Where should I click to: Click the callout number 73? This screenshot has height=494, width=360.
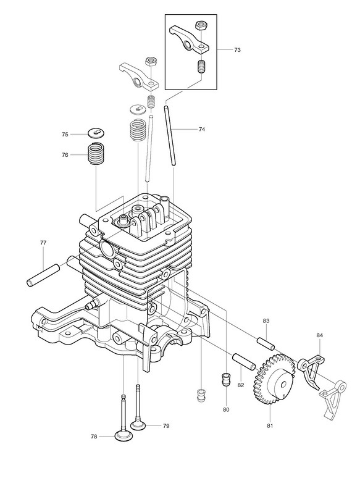238,50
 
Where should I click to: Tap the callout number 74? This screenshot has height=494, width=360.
202,129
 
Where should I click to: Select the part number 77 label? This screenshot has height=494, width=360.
43,243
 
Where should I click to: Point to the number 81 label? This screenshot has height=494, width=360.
270,425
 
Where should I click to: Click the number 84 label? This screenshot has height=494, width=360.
320,335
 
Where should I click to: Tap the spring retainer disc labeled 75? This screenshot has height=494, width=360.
96,133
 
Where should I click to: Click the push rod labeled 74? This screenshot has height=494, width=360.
169,135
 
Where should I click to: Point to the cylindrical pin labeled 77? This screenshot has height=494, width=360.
43,275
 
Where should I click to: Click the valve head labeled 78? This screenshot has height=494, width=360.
123,437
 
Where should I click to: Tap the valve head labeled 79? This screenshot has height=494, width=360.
138,425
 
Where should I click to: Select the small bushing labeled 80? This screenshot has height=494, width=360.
226,379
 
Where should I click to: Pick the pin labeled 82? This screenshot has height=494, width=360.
243,362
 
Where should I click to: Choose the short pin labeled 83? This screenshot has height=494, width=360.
267,343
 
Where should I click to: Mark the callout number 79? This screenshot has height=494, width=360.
166,425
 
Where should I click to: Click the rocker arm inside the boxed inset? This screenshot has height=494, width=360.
189,40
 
